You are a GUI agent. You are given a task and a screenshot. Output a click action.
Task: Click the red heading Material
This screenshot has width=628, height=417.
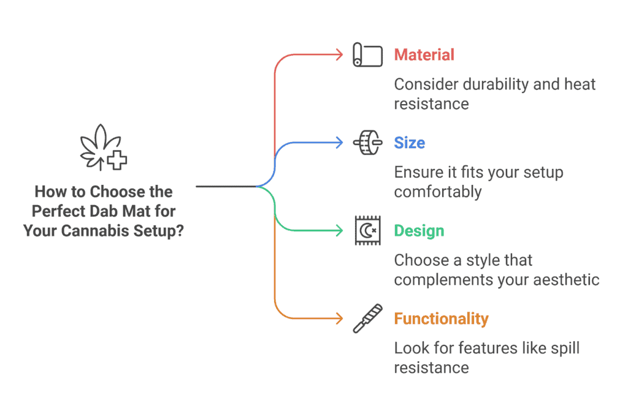pos(424,54)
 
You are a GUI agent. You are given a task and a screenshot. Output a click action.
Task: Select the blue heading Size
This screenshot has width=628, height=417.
pos(409,143)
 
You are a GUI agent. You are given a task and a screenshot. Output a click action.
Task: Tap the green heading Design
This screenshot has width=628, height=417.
pos(419,231)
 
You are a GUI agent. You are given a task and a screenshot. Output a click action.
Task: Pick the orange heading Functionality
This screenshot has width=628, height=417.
pos(441,319)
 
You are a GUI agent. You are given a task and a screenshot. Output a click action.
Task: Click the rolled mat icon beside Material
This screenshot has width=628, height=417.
pos(368,54)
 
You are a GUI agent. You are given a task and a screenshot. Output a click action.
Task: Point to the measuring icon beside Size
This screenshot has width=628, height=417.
pos(368,142)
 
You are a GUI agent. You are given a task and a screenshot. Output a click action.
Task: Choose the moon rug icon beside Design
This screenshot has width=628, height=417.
pos(368,231)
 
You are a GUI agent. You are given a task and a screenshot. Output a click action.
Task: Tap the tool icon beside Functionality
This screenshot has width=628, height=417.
pos(368,318)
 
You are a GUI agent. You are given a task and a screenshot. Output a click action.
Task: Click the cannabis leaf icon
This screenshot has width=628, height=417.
pos(103,148)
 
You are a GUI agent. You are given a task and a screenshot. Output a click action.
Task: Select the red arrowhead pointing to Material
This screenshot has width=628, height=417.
pos(340,54)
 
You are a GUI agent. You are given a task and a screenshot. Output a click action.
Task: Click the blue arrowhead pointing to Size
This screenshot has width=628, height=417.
pos(340,143)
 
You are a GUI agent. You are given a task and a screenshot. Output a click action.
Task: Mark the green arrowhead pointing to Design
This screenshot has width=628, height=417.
pos(340,231)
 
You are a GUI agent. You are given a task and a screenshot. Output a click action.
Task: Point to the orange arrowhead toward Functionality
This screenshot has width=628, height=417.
pos(340,318)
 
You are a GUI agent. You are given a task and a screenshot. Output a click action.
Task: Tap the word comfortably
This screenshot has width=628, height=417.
pos(438,192)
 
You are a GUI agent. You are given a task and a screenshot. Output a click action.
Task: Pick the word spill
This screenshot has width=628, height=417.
pos(565,348)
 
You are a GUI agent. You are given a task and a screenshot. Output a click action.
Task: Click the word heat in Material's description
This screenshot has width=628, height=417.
pos(580,85)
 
